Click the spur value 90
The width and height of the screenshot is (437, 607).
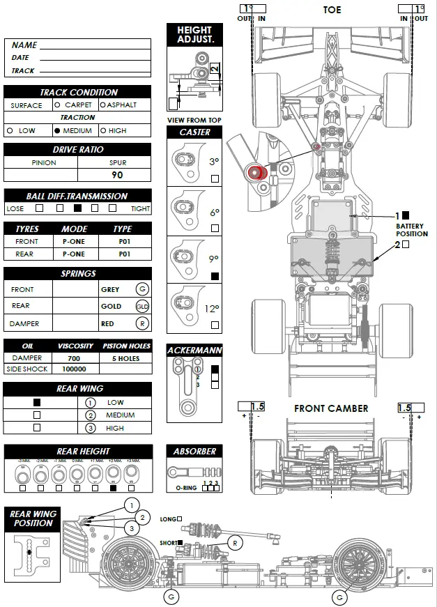pyautogui.click(x=116, y=175)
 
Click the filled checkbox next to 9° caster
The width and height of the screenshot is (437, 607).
pyautogui.click(x=215, y=276)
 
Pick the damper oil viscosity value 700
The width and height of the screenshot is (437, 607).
pyautogui.click(x=75, y=358)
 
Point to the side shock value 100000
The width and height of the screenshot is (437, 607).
pyautogui.click(x=75, y=369)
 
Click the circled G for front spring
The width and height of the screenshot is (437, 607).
pyautogui.click(x=143, y=289)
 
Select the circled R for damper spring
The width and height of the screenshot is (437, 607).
pyautogui.click(x=143, y=323)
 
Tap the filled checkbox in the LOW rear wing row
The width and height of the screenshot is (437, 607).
pyautogui.click(x=37, y=402)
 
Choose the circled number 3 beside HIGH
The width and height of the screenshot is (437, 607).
pyautogui.click(x=90, y=428)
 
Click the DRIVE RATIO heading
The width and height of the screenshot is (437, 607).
pyautogui.click(x=77, y=150)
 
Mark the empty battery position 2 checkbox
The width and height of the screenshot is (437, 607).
pyautogui.click(x=406, y=245)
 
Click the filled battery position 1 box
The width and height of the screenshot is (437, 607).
pyautogui.click(x=406, y=216)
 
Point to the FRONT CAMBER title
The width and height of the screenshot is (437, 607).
pyautogui.click(x=331, y=408)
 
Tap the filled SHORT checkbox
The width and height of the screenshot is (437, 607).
pyautogui.click(x=180, y=541)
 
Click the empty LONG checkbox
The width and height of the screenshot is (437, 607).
pyautogui.click(x=180, y=518)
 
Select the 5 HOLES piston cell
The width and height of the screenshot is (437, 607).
pyautogui.click(x=125, y=358)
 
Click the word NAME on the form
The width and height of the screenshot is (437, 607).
pyautogui.click(x=24, y=45)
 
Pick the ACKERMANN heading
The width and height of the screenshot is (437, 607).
pyautogui.click(x=194, y=351)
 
